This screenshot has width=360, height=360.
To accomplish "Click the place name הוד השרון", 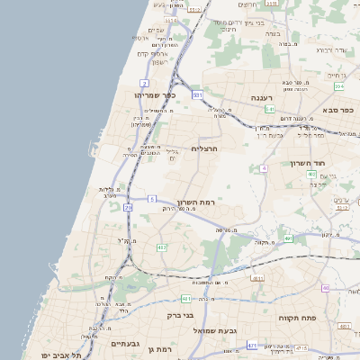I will [307, 163].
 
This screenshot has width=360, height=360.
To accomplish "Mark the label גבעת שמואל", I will [241, 330].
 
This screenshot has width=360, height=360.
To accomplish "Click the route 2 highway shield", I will [144, 83].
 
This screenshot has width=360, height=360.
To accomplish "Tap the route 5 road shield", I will [153, 198].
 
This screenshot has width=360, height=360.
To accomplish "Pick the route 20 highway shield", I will [129, 208].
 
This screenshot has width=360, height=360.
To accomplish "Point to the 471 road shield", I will [253, 346].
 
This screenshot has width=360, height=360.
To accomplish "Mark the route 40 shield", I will [326, 288].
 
